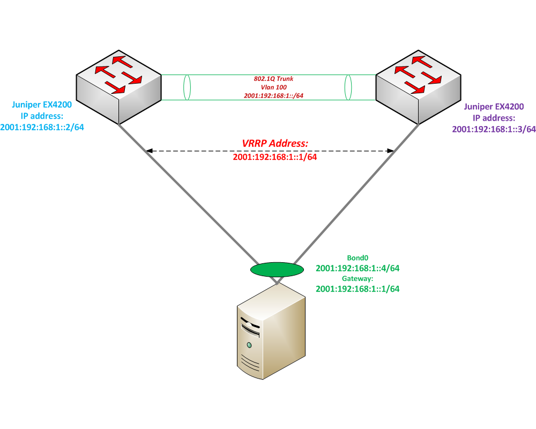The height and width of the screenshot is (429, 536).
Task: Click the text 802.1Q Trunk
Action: tap(273, 79)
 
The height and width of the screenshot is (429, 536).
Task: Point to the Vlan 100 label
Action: tap(273, 87)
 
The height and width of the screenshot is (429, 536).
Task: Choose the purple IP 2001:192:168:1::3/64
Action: tap(494, 129)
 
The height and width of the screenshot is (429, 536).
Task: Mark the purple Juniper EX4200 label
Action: tap(494, 107)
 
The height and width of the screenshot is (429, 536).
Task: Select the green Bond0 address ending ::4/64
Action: tap(358, 268)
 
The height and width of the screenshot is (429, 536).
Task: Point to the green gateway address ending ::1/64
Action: tap(358, 289)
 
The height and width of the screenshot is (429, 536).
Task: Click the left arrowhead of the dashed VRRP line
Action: tap(150, 151)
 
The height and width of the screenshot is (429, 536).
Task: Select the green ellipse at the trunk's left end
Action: tap(187, 87)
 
